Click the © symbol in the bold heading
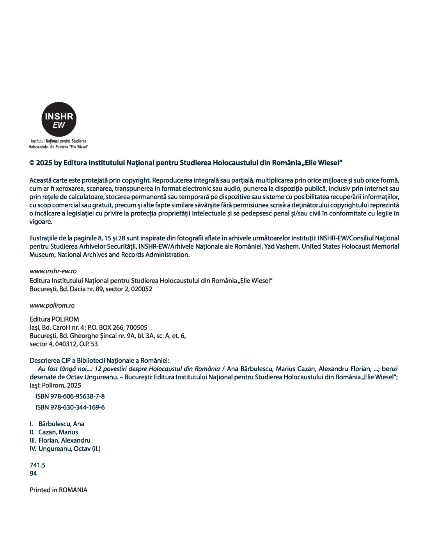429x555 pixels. click(x=32, y=162)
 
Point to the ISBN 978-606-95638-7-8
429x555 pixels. click(x=70, y=396)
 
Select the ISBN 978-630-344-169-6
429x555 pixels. click(x=70, y=407)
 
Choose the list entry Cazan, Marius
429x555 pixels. click(x=58, y=432)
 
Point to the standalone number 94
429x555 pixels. click(x=33, y=473)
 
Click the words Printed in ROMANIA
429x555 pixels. click(x=58, y=490)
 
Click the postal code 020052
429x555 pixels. click(x=142, y=289)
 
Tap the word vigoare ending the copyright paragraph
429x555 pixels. click(x=40, y=222)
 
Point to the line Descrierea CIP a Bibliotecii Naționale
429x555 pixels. click(x=99, y=360)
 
